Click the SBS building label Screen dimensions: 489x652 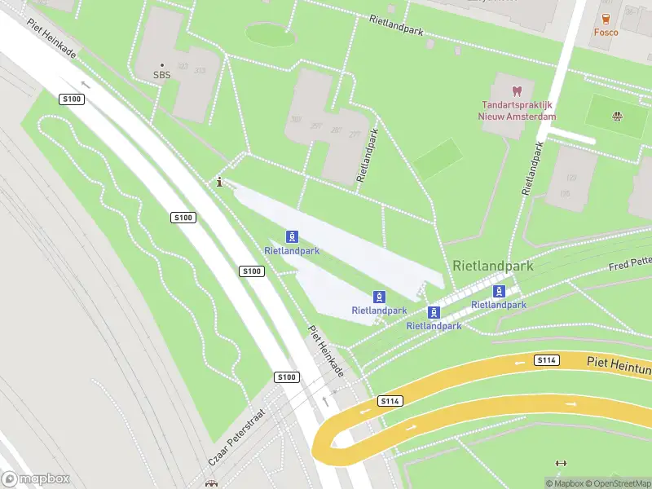(x=162, y=75)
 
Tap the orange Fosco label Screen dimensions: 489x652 (x=606, y=33)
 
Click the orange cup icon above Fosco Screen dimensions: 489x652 (x=606, y=18)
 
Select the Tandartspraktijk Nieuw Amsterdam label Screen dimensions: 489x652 (x=517, y=111)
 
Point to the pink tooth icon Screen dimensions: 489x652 (x=516, y=90)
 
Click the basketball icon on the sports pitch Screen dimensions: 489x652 (x=616, y=116)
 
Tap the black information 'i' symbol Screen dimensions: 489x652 (x=219, y=183)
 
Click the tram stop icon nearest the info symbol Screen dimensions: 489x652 (x=291, y=236)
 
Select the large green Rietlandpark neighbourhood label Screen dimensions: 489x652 (x=492, y=266)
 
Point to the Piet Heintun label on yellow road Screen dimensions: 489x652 (x=618, y=361)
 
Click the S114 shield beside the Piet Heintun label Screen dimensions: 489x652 (x=546, y=359)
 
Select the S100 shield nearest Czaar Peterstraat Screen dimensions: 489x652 (x=286, y=377)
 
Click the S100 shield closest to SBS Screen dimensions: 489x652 (x=72, y=99)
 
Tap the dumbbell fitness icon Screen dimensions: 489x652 (x=559, y=463)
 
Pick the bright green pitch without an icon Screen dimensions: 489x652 (x=438, y=159)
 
